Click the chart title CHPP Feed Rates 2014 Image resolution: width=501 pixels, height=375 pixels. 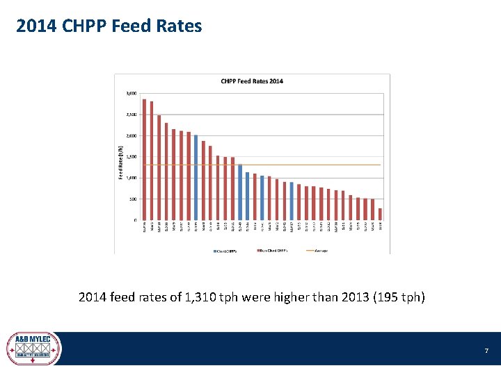(252, 81)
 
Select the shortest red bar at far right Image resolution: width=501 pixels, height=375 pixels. (380, 214)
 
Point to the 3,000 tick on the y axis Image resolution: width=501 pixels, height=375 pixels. (131, 93)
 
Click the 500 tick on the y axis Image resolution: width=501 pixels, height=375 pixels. (132, 199)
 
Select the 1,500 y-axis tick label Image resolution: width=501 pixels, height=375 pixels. (131, 157)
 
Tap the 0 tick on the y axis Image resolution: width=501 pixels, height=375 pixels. (135, 220)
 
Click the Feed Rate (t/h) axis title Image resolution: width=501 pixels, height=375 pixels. (120, 162)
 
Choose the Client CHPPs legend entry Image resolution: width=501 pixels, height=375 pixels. (225, 250)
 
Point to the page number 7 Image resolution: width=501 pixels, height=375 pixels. (486, 351)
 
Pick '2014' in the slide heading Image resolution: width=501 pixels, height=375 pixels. (32, 26)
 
